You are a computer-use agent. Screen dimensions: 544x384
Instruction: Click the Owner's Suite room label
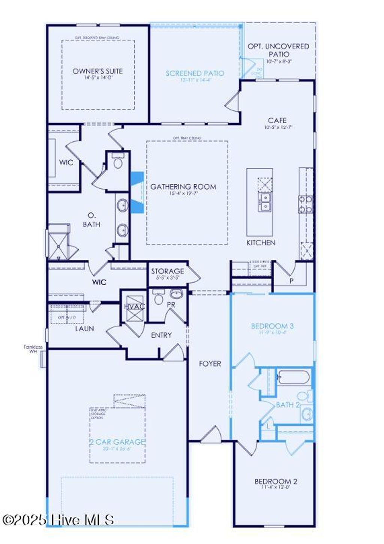(x=97, y=71)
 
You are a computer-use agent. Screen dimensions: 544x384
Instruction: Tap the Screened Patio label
(x=195, y=73)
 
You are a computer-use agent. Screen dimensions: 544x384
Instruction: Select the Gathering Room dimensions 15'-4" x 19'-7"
(x=183, y=194)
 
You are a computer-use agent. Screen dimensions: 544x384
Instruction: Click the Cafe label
(x=277, y=121)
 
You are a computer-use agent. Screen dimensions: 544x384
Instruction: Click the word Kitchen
(x=261, y=243)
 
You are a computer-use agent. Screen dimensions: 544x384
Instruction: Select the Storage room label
(x=167, y=271)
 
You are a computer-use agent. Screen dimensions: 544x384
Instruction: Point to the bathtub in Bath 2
(x=293, y=377)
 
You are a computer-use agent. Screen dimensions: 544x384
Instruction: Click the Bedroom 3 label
(x=272, y=326)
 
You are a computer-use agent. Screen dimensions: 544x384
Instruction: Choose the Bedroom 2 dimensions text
(x=276, y=487)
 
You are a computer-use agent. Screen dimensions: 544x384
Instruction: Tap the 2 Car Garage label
(x=117, y=442)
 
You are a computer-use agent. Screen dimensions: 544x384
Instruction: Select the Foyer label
(x=210, y=364)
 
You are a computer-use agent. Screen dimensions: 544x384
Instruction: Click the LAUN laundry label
(x=84, y=329)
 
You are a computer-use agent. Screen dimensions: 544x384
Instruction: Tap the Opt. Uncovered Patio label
(x=278, y=50)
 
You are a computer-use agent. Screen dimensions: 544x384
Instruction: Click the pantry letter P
(x=291, y=281)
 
